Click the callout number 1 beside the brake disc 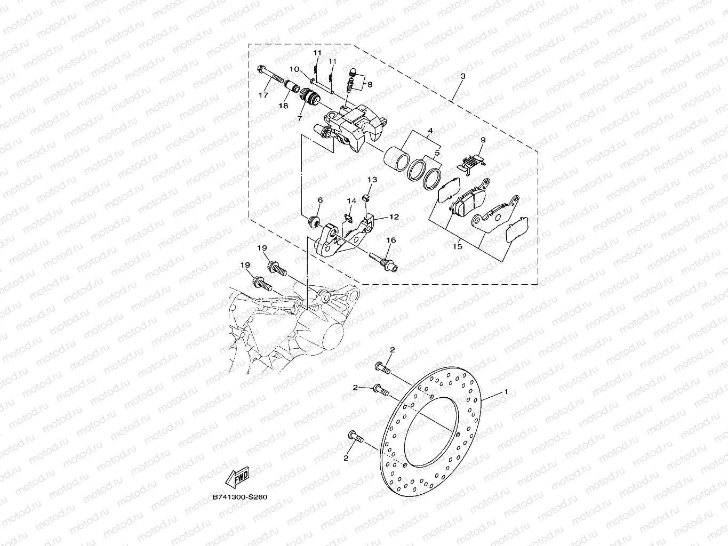click(x=506, y=392)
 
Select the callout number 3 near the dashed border click(x=462, y=76)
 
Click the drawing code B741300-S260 click(x=240, y=497)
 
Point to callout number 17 click(x=263, y=95)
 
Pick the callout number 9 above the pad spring click(x=483, y=140)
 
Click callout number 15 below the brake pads click(x=457, y=246)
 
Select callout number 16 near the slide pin click(x=391, y=240)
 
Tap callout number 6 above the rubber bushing click(x=320, y=200)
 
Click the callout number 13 click(x=372, y=180)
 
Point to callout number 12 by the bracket click(x=394, y=217)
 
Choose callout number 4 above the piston click(x=429, y=131)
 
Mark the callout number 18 click(x=283, y=106)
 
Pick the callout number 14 click(x=351, y=201)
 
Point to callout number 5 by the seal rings click(x=437, y=153)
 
